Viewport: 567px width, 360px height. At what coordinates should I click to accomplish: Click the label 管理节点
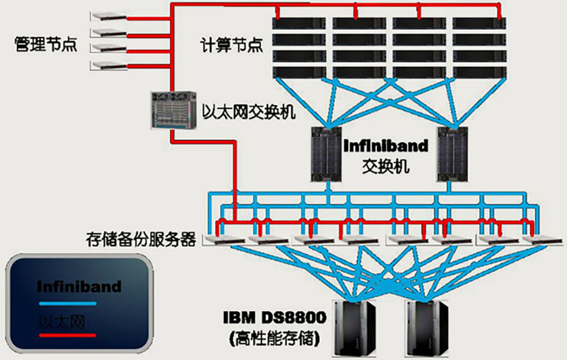pos(45,44)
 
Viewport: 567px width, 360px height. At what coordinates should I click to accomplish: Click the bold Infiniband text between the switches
pos(386,146)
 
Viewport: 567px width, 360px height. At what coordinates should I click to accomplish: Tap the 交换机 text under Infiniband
pos(386,166)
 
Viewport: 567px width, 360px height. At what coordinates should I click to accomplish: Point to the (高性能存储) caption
pos(274,338)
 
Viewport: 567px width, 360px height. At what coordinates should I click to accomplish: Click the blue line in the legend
pos(67,304)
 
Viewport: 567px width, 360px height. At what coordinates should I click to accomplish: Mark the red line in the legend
pos(67,335)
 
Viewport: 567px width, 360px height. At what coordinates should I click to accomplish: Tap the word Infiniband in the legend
pos(79,286)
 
